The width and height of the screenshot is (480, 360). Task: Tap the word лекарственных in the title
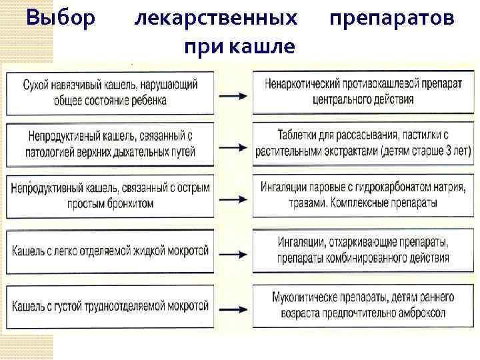click(x=216, y=18)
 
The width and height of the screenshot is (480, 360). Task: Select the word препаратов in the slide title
click(x=393, y=18)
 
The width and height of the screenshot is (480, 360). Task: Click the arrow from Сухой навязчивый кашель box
click(x=234, y=95)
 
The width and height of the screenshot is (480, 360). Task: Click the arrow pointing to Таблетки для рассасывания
click(x=234, y=147)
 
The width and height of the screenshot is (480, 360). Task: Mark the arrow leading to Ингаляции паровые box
click(x=234, y=199)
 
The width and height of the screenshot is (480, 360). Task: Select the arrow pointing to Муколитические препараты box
click(x=234, y=307)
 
